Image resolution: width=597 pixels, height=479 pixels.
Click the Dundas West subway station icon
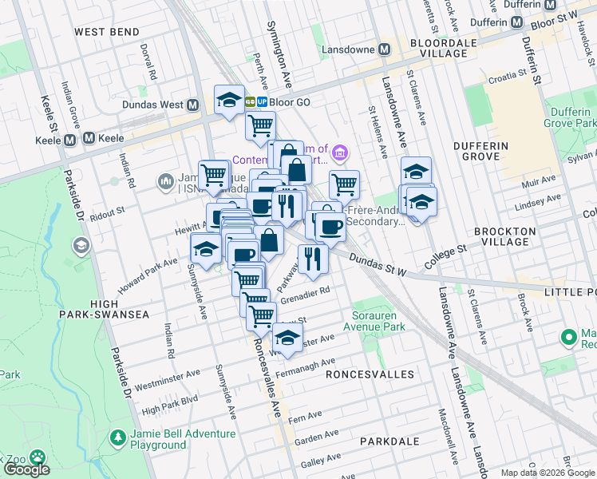click(192, 105)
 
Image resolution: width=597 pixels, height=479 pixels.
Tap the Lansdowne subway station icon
click(384, 49)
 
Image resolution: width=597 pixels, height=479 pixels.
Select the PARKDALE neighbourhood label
click(389, 441)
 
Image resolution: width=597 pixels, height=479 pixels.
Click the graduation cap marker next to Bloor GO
click(229, 100)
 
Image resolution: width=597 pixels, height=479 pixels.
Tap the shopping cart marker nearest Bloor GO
click(260, 125)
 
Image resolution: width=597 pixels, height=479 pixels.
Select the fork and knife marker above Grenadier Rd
click(313, 258)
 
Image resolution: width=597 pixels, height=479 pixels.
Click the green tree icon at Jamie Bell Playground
click(118, 438)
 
